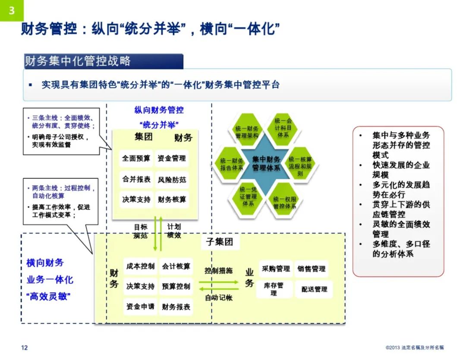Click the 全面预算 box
point(136,158)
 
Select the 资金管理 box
point(172,158)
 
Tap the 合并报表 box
point(136,179)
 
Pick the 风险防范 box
point(172,179)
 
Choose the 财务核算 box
point(172,199)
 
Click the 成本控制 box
point(140,266)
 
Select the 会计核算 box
point(176,266)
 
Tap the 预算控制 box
point(176,286)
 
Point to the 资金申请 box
point(140,307)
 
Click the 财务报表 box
point(176,307)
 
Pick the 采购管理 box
point(276,269)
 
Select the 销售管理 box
point(311,269)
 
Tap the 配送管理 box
point(314,289)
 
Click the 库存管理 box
point(274,289)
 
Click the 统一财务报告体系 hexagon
point(232,164)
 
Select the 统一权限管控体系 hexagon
point(285,202)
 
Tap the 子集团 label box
point(219,242)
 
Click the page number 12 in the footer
point(25,347)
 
